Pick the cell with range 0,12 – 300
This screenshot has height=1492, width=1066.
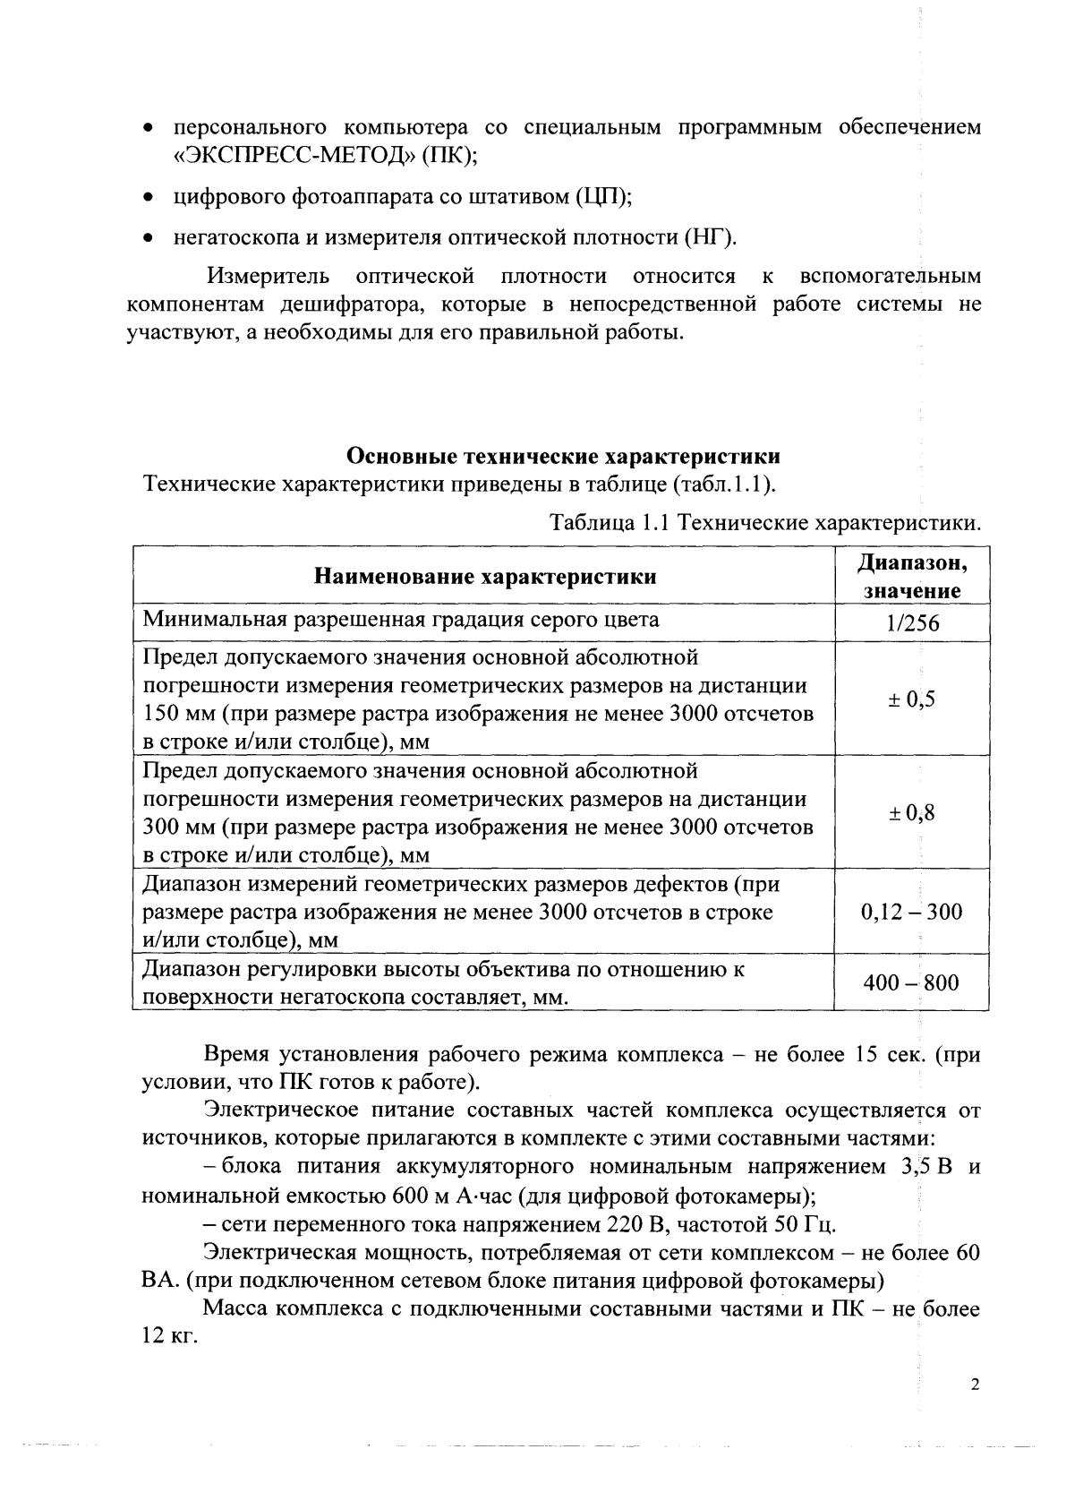point(911,912)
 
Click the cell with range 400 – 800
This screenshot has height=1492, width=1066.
point(910,982)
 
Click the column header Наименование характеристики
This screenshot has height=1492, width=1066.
point(484,576)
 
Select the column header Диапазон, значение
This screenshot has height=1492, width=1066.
point(911,576)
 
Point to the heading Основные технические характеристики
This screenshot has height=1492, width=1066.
point(563,456)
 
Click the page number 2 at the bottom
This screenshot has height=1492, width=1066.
point(975,1385)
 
